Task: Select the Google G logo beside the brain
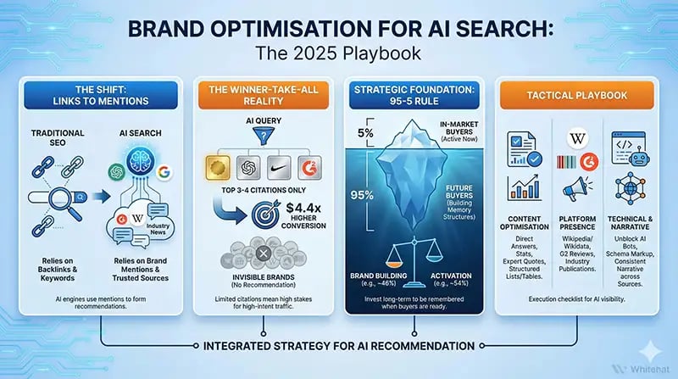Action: [164, 172]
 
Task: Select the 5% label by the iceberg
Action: [364, 132]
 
